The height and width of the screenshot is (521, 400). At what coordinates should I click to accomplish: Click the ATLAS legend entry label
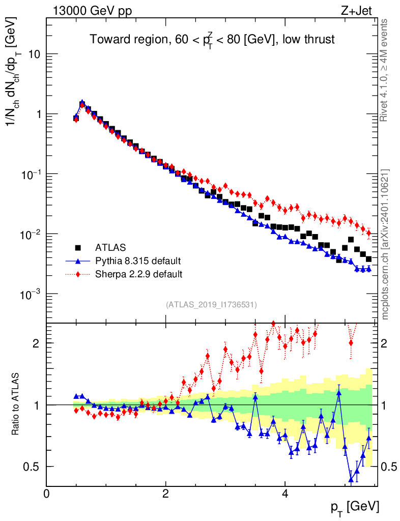click(110, 248)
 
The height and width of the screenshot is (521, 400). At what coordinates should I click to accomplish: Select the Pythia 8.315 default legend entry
click(137, 261)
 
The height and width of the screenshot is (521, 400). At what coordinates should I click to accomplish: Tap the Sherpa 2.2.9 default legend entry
click(138, 274)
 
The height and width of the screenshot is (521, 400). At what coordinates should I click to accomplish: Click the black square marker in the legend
click(78, 248)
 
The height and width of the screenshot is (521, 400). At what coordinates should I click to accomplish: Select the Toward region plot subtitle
click(212, 40)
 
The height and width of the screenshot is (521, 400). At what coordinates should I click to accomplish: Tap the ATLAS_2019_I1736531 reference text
click(211, 305)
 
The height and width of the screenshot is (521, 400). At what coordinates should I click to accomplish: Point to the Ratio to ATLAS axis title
click(16, 404)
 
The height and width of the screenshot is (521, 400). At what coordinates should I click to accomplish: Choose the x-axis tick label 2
click(165, 494)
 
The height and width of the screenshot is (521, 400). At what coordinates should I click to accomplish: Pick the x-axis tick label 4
click(285, 494)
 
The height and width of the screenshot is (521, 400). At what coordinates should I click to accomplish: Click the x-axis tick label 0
click(46, 494)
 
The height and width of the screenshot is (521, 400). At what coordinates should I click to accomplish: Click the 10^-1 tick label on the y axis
click(32, 174)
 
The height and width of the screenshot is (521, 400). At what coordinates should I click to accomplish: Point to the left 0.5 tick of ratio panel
click(35, 467)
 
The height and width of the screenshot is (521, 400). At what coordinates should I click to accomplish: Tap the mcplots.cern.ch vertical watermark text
click(385, 244)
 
